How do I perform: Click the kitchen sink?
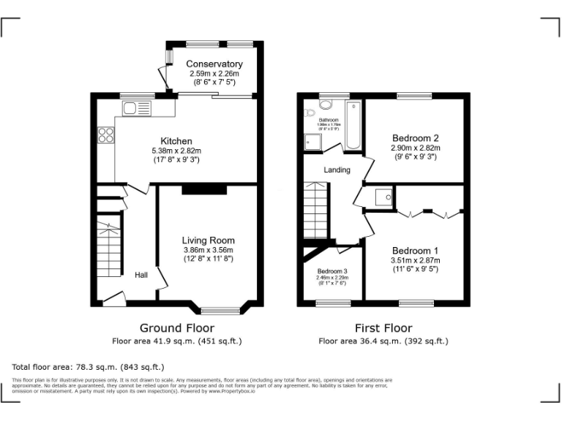click(137, 109)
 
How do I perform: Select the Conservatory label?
click(214, 64)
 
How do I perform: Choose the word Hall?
click(141, 275)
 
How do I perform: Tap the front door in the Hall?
click(113, 298)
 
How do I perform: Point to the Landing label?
click(337, 170)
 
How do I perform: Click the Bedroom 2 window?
click(414, 96)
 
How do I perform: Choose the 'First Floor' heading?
click(383, 328)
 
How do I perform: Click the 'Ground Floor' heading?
click(176, 328)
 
